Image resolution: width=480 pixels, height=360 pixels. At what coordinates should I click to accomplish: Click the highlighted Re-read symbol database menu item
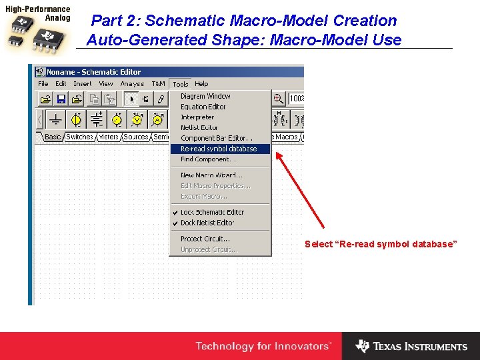click(x=219, y=149)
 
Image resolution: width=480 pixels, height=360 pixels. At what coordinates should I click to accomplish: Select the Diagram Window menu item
click(x=205, y=96)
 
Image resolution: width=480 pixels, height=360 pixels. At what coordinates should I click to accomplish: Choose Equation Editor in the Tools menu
click(x=203, y=107)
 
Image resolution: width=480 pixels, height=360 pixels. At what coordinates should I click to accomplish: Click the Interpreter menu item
click(x=197, y=117)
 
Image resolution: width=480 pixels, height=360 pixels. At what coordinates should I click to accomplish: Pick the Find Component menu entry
click(x=208, y=160)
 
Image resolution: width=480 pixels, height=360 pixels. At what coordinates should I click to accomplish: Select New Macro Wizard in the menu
click(x=211, y=175)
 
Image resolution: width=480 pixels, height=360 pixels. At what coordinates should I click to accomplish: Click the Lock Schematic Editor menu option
click(x=212, y=213)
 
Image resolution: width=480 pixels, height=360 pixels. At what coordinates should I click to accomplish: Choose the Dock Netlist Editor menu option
click(x=207, y=223)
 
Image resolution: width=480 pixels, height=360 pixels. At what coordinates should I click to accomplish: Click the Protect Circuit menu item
click(x=205, y=239)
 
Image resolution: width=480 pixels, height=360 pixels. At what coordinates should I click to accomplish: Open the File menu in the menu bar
click(x=43, y=84)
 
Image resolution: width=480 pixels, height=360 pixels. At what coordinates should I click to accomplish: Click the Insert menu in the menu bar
click(x=83, y=84)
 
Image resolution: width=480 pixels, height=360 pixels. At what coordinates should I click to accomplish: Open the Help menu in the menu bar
click(x=201, y=84)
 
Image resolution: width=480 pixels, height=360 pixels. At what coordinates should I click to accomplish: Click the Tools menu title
click(x=180, y=84)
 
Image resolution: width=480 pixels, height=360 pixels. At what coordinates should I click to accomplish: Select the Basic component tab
click(x=53, y=137)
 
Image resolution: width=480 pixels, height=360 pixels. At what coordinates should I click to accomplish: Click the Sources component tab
click(x=136, y=137)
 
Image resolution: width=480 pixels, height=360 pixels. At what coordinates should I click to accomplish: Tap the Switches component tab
click(x=80, y=137)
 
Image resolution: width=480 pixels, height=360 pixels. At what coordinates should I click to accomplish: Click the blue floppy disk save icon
click(x=61, y=99)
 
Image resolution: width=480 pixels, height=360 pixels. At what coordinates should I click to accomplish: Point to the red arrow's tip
click(x=277, y=153)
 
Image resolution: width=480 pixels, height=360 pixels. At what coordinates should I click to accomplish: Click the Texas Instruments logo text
click(x=420, y=347)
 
